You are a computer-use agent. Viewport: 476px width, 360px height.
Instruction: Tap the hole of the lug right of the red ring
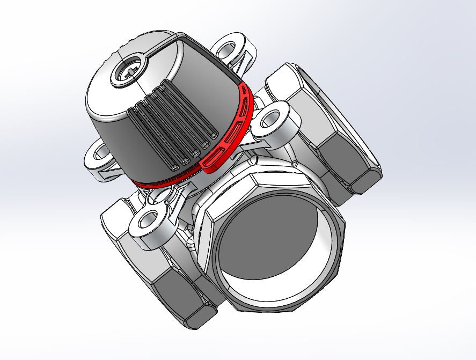coord(274,119)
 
